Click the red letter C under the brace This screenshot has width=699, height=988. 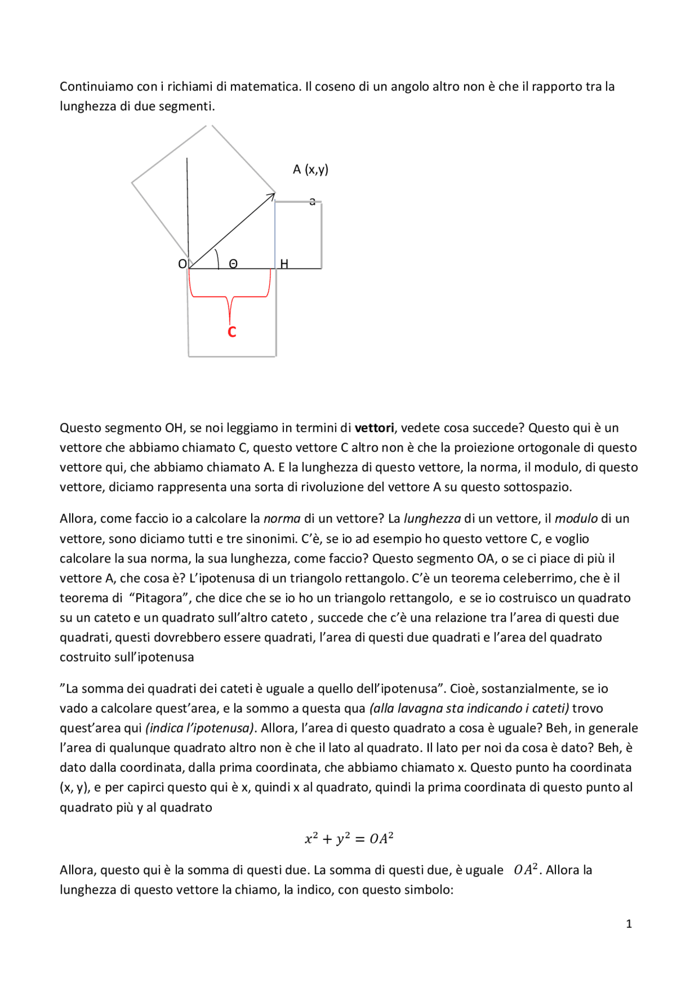tap(232, 332)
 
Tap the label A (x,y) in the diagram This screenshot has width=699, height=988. tap(310, 169)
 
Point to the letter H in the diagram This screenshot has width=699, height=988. tap(284, 264)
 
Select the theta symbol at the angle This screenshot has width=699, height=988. tap(233, 264)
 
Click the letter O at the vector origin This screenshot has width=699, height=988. tap(182, 264)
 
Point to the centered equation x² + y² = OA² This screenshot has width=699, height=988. tap(349, 838)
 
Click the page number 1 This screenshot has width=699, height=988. tap(629, 924)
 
